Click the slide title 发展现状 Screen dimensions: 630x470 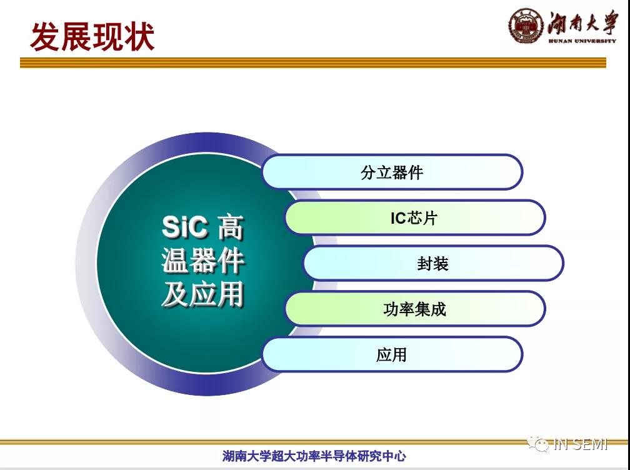pos(92,36)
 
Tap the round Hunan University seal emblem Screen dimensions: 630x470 pos(526,26)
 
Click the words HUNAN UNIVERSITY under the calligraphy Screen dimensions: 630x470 pos(582,41)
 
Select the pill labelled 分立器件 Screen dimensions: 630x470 pos(392,172)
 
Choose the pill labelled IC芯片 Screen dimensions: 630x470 pos(415,217)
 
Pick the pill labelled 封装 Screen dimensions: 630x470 pos(434,263)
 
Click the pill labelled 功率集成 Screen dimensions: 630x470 pos(415,309)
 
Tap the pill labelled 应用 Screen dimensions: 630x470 pos(392,354)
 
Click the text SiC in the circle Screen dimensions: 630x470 pos(185,227)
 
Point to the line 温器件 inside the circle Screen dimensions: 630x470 pos(203,261)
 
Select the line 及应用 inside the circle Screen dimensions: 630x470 pos(203,294)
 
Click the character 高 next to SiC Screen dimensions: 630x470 pos(231,227)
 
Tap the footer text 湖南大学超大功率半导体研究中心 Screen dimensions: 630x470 pos(314,456)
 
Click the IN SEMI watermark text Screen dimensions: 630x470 pos(581,444)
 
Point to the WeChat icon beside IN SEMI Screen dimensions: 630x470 pos(538,444)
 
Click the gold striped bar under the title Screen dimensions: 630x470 pos(313,62)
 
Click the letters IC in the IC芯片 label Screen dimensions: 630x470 pos(399,218)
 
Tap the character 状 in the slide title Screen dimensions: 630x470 pos(139,36)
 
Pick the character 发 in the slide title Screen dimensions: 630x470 pos(45,36)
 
